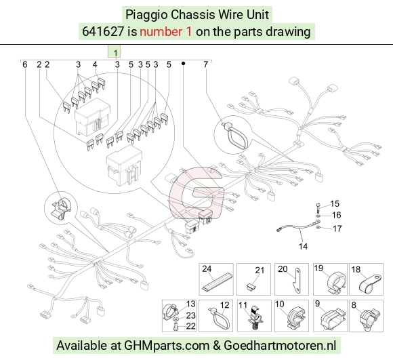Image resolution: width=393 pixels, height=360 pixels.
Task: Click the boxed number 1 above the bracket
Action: [115, 53]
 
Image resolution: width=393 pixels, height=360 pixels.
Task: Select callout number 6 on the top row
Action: [25, 64]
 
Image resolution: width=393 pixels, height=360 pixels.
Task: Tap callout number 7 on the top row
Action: [205, 64]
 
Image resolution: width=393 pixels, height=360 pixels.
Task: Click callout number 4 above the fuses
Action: [95, 64]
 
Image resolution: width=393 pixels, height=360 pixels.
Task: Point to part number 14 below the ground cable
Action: [303, 246]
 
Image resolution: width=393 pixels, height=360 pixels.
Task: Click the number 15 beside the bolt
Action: [335, 203]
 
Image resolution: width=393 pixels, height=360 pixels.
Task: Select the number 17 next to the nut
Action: [337, 228]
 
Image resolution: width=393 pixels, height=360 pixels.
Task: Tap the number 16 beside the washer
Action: [336, 215]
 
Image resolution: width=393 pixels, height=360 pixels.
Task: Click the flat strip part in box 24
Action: [217, 284]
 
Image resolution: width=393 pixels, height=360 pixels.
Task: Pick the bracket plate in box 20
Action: [297, 281]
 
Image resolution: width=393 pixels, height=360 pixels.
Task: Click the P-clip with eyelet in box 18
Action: [370, 284]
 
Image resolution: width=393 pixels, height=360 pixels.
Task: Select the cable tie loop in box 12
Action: [220, 319]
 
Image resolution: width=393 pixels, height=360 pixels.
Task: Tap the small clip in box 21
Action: [251, 287]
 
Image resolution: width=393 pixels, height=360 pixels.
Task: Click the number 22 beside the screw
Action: [190, 326]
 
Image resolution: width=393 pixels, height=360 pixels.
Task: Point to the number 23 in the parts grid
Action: [190, 315]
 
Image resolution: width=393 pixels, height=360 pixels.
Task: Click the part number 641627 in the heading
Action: [103, 32]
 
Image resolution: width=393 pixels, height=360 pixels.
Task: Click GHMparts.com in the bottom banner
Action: [167, 346]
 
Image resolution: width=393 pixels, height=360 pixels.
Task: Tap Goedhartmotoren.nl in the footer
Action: [280, 346]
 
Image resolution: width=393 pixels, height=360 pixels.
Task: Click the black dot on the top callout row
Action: [183, 64]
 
